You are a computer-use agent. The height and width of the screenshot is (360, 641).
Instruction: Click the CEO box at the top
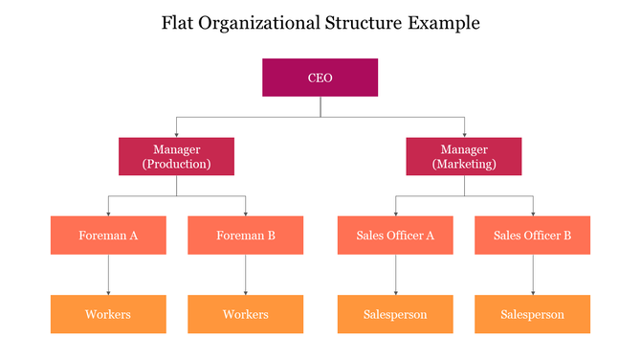pyautogui.click(x=320, y=78)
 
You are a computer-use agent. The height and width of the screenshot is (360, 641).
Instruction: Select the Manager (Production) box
pyautogui.click(x=176, y=156)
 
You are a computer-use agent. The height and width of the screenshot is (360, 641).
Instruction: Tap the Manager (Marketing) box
pyautogui.click(x=464, y=156)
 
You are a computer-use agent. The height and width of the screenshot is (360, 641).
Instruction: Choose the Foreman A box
pyautogui.click(x=108, y=235)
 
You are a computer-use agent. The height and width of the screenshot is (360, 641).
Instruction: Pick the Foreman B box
pyautogui.click(x=246, y=235)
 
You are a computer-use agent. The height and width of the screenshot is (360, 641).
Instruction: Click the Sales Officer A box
pyautogui.click(x=395, y=235)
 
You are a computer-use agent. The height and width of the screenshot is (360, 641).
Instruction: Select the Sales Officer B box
pyautogui.click(x=532, y=235)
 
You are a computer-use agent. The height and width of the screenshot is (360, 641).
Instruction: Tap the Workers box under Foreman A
pyautogui.click(x=108, y=314)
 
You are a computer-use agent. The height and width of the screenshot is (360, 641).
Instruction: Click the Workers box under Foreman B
pyautogui.click(x=246, y=314)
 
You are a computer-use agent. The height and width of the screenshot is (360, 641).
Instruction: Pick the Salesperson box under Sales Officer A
pyautogui.click(x=395, y=314)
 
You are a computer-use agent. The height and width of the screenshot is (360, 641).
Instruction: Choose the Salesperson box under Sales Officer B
pyautogui.click(x=532, y=314)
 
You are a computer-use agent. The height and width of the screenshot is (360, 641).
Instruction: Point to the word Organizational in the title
pyautogui.click(x=268, y=22)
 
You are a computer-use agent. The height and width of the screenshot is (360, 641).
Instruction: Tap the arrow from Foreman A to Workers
pyautogui.click(x=108, y=275)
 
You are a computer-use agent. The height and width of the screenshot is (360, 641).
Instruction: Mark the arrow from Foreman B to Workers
pyautogui.click(x=246, y=275)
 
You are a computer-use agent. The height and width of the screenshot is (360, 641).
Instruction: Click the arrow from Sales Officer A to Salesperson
pyautogui.click(x=395, y=275)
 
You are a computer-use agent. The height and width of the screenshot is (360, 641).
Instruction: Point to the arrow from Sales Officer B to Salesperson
pyautogui.click(x=532, y=275)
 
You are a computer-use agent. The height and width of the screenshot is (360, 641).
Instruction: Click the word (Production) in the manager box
pyautogui.click(x=176, y=164)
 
